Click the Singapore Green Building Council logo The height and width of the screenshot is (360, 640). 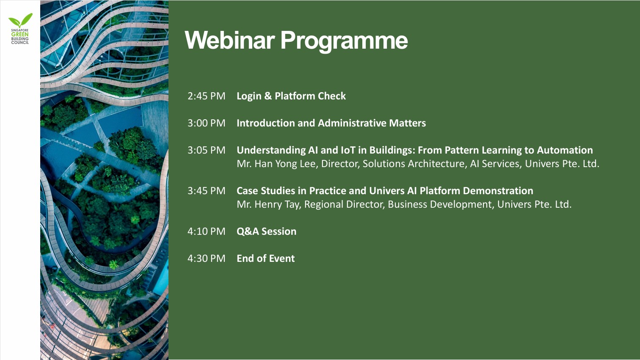[x=20, y=28]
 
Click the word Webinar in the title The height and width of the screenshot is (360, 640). [x=230, y=40]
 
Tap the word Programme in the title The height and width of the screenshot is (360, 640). [x=344, y=42]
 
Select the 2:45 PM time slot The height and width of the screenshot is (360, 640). [x=206, y=96]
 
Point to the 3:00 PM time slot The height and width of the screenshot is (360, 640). [x=206, y=123]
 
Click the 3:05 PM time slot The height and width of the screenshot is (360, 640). [x=206, y=150]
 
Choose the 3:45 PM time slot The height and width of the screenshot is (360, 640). [x=206, y=191]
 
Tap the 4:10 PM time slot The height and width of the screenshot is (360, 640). [x=206, y=231]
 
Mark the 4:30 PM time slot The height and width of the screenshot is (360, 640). [x=206, y=258]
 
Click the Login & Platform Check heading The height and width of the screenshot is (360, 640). [x=291, y=96]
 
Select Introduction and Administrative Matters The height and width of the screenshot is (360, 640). [x=331, y=123]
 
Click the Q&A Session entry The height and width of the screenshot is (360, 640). [x=266, y=231]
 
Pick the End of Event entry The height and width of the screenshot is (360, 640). [x=266, y=258]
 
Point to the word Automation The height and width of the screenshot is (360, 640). [x=565, y=150]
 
